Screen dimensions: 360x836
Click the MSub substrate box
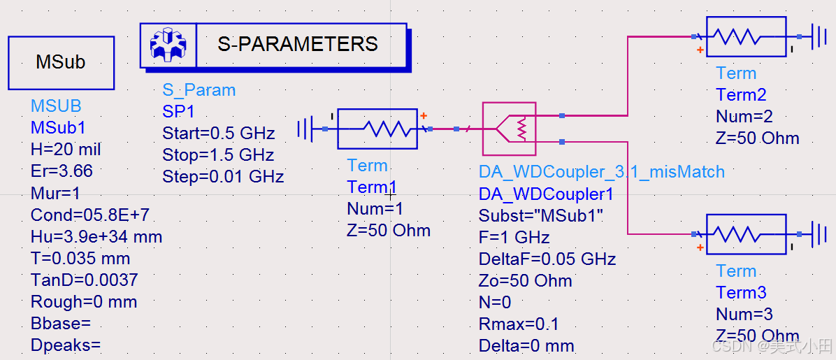tap(61, 63)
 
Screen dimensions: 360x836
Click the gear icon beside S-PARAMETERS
tap(168, 45)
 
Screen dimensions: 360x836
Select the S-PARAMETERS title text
tap(298, 45)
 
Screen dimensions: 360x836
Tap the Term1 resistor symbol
tap(377, 129)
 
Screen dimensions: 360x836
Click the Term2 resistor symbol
tap(746, 36)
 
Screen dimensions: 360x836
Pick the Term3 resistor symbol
tap(746, 234)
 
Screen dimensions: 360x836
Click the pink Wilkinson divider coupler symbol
tap(509, 128)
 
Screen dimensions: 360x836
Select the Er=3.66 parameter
tap(62, 171)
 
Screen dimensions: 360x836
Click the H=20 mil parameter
tap(66, 150)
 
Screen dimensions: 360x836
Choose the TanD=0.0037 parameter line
tap(84, 280)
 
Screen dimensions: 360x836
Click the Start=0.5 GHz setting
tap(218, 134)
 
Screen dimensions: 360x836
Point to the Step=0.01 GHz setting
tap(223, 177)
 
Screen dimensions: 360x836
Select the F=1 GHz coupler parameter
tap(514, 238)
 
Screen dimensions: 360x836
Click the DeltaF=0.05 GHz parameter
tap(547, 259)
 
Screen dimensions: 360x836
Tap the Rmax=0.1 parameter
tap(519, 324)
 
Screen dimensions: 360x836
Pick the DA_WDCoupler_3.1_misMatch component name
tap(601, 172)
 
